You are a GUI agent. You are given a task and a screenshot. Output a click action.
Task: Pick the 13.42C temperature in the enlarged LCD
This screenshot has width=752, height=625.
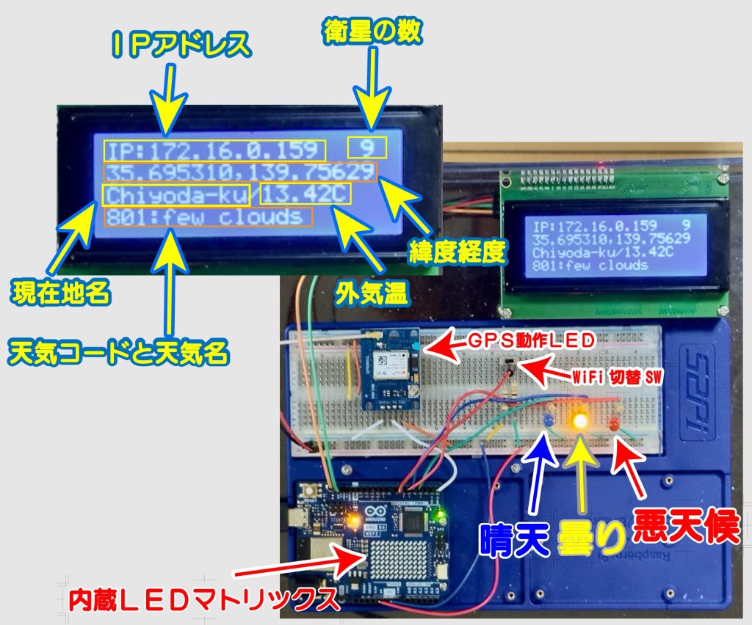[x=305, y=194]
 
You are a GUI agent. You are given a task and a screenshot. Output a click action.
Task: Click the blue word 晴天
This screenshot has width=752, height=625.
[x=514, y=540]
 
